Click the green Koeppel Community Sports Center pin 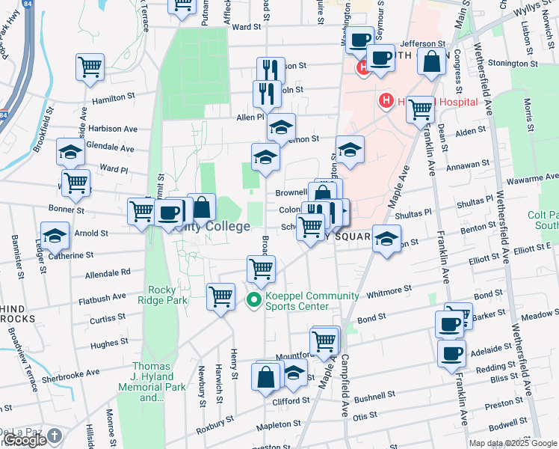(x=253, y=301)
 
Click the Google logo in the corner (x=25, y=440)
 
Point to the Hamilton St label (x=113, y=98)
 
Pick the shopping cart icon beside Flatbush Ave (x=220, y=297)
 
